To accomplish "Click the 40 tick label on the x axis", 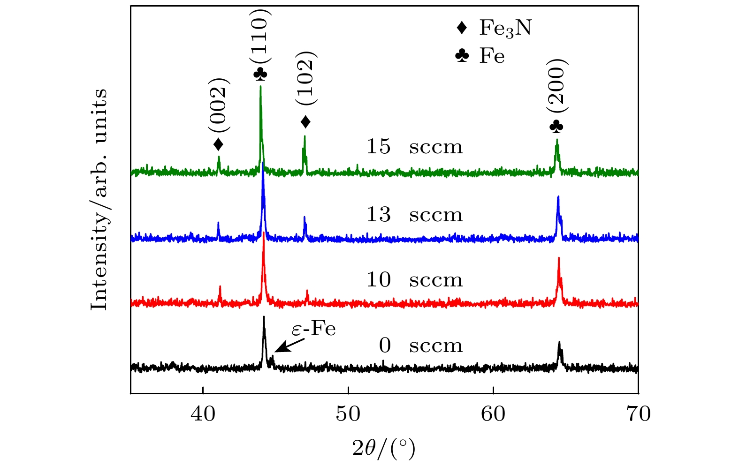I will [x=203, y=414].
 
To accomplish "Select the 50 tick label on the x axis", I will [x=348, y=414].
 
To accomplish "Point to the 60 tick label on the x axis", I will [x=494, y=414].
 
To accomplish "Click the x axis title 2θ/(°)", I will [x=384, y=448].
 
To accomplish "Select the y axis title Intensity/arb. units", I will [x=99, y=199].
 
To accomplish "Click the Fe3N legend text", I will [x=505, y=28].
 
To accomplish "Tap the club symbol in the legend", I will [x=462, y=56].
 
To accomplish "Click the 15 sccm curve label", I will [x=414, y=147].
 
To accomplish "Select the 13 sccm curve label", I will [x=414, y=215].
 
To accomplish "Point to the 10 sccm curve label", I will [x=414, y=280].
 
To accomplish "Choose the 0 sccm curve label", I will [x=420, y=346].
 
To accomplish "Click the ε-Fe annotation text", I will [x=313, y=329].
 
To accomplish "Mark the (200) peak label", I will [x=557, y=85].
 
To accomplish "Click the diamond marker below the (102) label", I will [x=305, y=122].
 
